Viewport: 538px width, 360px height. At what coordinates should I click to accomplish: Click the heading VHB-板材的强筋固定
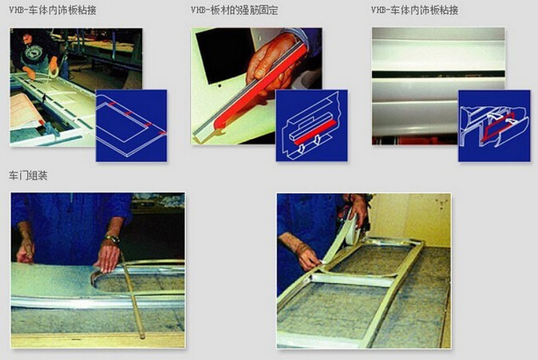(235, 10)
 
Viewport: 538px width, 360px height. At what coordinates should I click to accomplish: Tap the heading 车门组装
(28, 176)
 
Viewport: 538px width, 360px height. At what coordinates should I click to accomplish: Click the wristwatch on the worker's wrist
(112, 239)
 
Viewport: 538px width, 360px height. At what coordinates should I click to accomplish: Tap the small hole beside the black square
(220, 85)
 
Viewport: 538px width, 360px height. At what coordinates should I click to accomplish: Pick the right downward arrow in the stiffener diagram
(318, 140)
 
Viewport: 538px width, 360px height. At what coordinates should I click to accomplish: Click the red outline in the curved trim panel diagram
(497, 127)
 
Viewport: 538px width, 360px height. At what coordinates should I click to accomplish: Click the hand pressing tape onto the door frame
(303, 253)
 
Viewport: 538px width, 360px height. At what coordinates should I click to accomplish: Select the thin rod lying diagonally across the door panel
(132, 295)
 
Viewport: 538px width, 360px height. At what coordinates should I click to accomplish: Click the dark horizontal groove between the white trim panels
(438, 74)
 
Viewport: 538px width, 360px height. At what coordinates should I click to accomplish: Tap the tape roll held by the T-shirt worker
(53, 73)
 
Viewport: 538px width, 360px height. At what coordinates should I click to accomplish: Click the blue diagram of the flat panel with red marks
(132, 125)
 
